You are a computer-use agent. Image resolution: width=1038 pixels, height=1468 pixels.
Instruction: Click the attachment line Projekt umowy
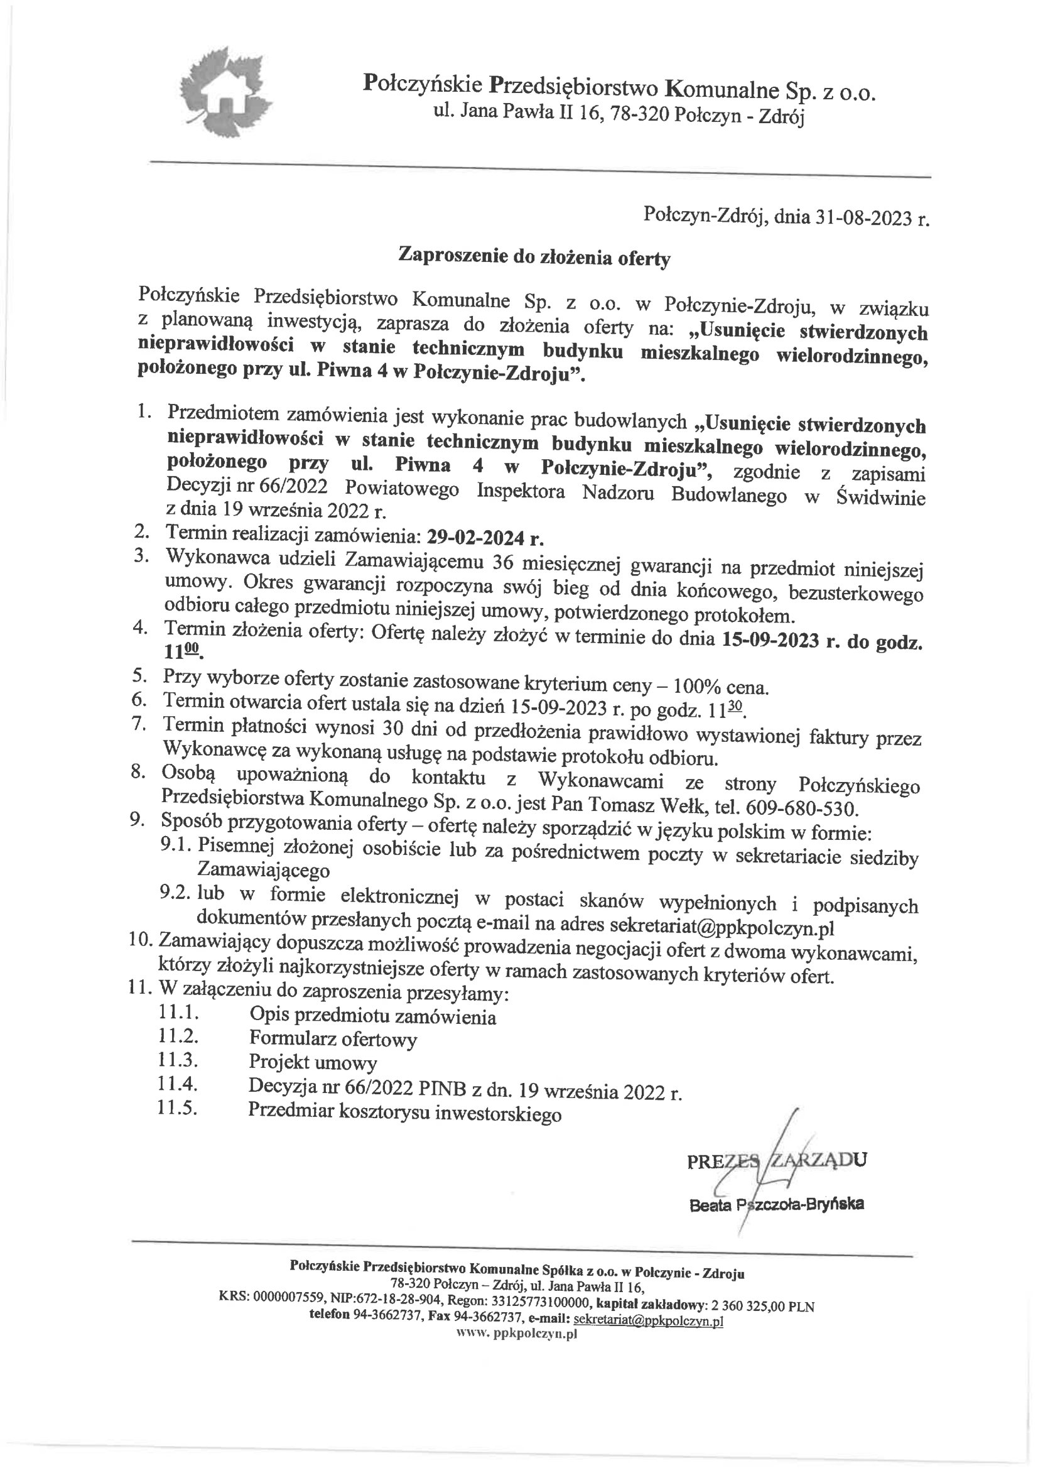tap(313, 1063)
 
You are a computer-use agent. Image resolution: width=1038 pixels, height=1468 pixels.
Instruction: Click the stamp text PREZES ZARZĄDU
tap(777, 1161)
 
